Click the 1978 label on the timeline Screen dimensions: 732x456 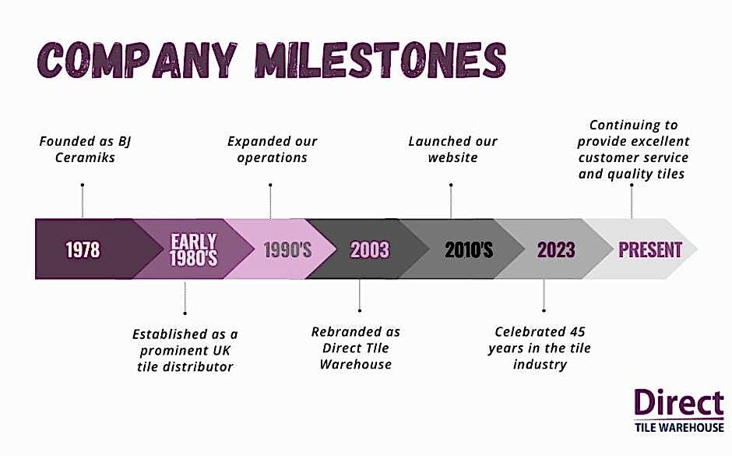(83, 249)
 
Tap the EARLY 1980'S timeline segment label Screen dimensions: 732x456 (194, 250)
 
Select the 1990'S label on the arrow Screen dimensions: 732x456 (287, 249)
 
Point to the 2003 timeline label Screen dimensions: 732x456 (370, 249)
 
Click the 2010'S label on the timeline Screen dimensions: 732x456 (469, 249)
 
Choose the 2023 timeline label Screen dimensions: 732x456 (556, 249)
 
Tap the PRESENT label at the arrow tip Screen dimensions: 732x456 (650, 249)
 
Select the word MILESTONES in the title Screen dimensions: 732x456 (381, 60)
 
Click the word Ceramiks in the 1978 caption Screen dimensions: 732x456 (85, 157)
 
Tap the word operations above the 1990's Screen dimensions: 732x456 (273, 158)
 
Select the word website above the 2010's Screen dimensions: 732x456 (453, 157)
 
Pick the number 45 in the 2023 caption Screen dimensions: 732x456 (578, 332)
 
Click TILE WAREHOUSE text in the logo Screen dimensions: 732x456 (679, 427)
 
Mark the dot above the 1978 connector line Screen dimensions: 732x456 (83, 185)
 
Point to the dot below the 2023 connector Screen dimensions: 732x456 (544, 310)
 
